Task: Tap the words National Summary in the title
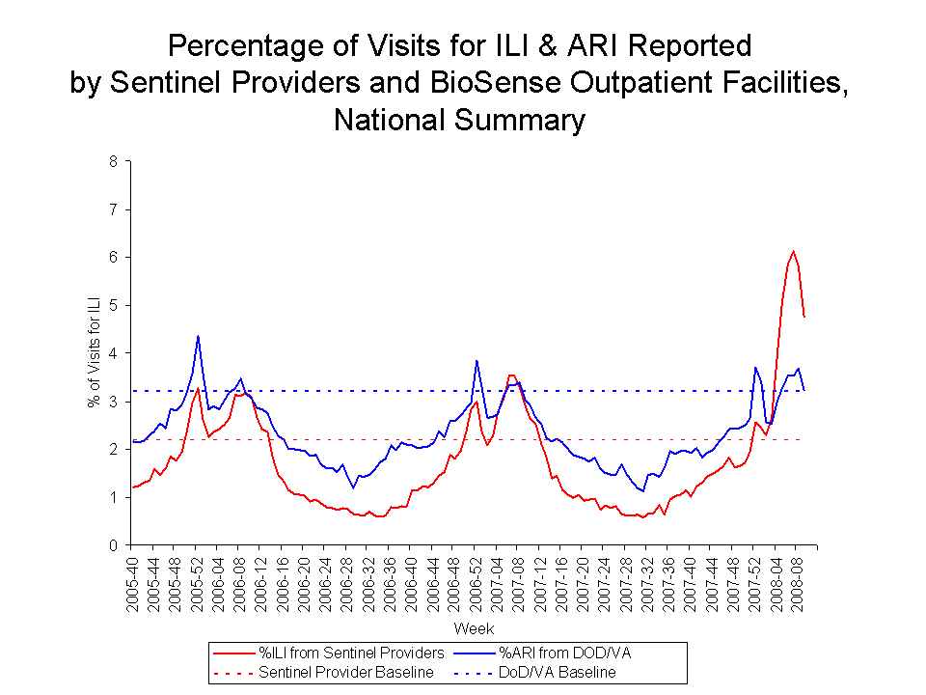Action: (x=459, y=121)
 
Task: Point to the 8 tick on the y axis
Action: (x=113, y=162)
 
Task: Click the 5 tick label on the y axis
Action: (x=113, y=306)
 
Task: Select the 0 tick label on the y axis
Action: (x=113, y=545)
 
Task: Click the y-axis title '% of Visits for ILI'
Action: (x=94, y=353)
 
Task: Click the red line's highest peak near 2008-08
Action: (x=793, y=252)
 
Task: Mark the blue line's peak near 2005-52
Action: (x=198, y=336)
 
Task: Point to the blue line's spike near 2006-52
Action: (x=477, y=361)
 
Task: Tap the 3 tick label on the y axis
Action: (x=113, y=402)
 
